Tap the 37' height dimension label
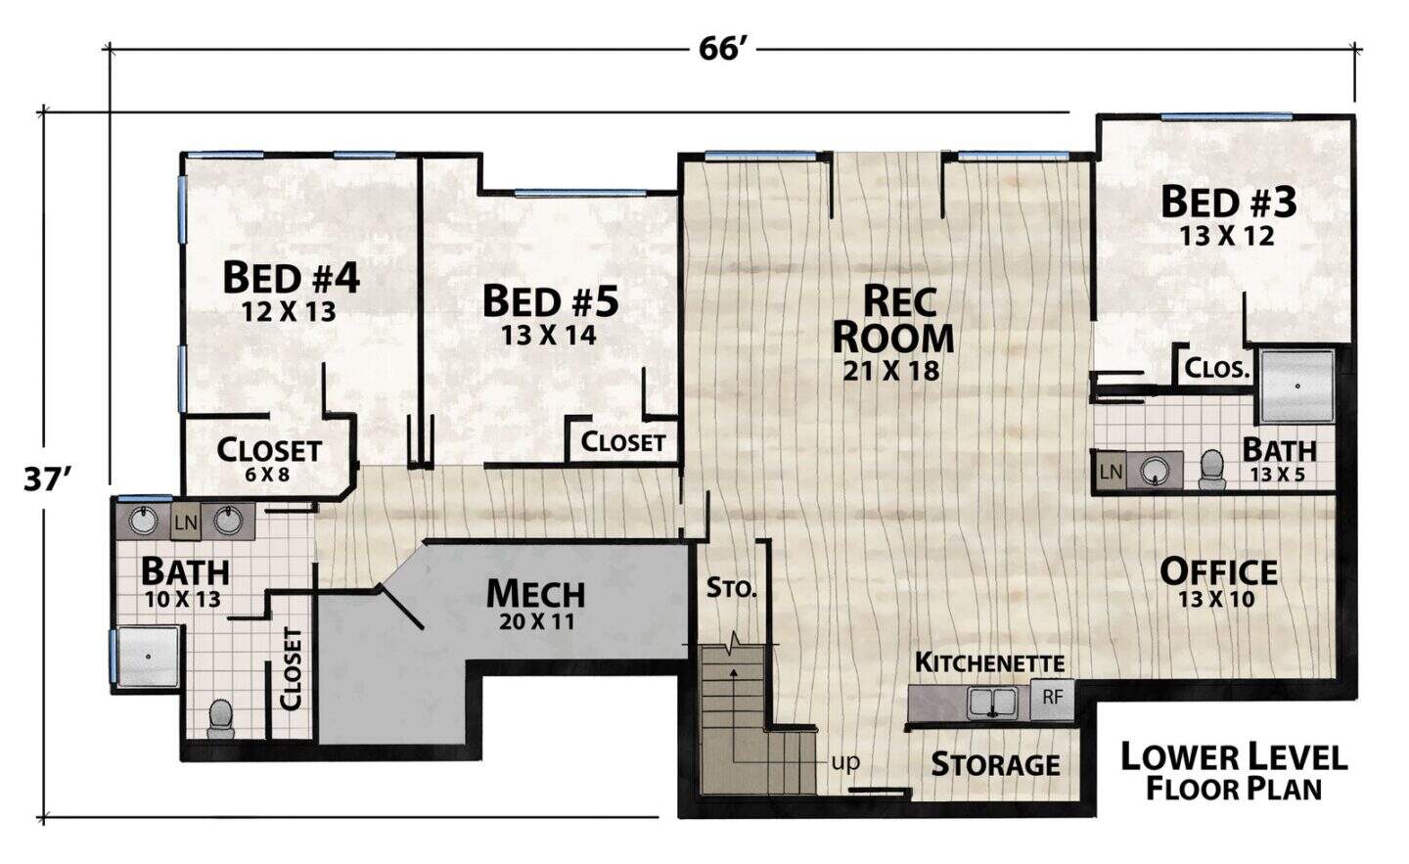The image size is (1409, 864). [x=47, y=479]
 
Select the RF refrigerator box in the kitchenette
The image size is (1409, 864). [x=1053, y=697]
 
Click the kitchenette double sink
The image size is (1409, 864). [x=992, y=702]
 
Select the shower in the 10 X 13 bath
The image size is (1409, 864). [x=148, y=657]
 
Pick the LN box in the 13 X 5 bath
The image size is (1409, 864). [x=1112, y=471]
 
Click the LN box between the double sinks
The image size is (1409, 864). [x=186, y=522]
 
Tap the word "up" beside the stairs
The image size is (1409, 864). [x=845, y=763]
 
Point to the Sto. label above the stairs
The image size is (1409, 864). [x=731, y=588]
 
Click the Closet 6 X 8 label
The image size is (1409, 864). [x=268, y=458]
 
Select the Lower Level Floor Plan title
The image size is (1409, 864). [x=1234, y=772]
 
